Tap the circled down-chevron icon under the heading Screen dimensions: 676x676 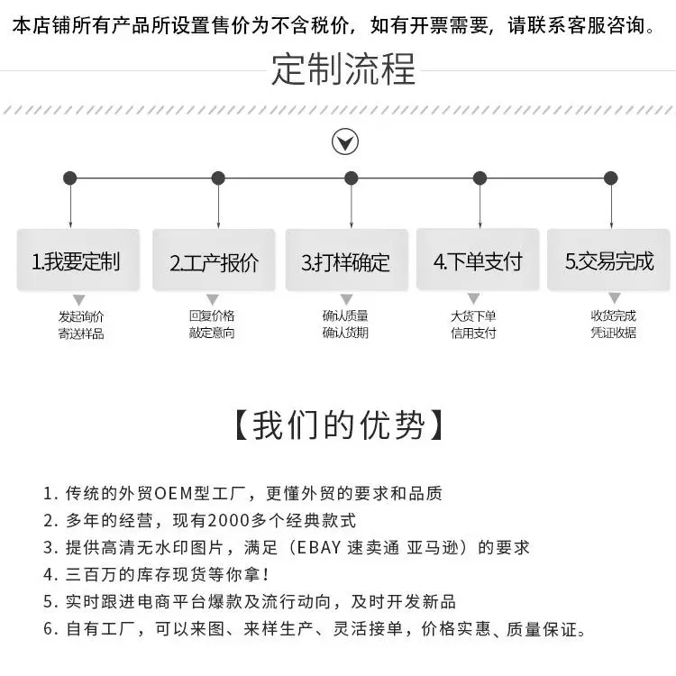click(x=345, y=142)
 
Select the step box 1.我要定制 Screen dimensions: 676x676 click(x=78, y=261)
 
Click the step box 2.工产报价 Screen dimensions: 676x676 click(x=214, y=262)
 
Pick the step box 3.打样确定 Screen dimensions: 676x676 click(x=346, y=262)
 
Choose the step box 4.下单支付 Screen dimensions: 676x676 click(x=478, y=261)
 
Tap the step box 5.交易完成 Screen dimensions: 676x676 click(x=609, y=261)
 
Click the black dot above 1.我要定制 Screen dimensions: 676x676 click(x=70, y=178)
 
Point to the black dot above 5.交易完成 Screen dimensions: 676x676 click(x=611, y=178)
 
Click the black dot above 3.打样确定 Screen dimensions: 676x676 click(x=352, y=178)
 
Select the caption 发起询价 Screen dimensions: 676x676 click(x=81, y=316)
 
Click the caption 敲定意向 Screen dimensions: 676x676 click(x=212, y=333)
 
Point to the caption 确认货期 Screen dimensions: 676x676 click(x=345, y=333)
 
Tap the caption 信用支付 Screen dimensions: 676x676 click(x=474, y=333)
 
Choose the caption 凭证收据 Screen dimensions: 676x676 click(x=614, y=333)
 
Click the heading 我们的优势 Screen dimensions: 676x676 click(x=338, y=425)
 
